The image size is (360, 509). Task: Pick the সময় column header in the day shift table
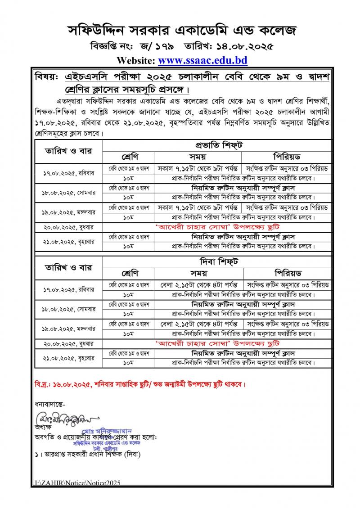(x=198, y=273)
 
